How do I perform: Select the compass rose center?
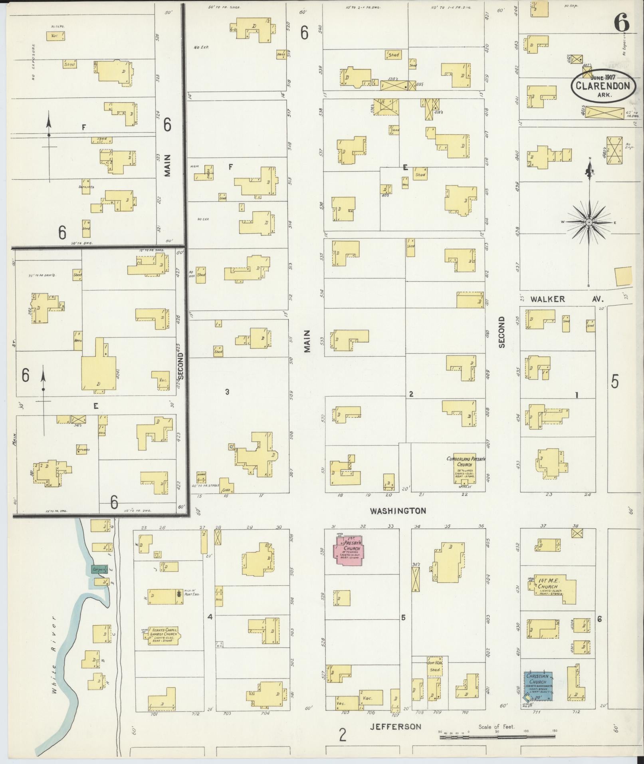coord(589,222)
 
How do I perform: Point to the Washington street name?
coord(398,510)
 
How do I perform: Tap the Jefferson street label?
coord(395,726)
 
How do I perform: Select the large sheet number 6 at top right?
coord(621,22)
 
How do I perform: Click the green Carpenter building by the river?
coord(99,570)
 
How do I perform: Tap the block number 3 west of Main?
coord(227,392)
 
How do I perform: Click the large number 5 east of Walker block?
coord(615,381)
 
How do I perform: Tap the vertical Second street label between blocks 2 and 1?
coord(501,332)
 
